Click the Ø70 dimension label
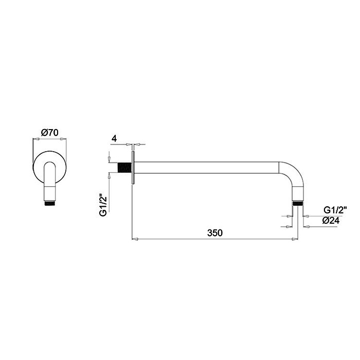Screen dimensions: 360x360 (x=49, y=133)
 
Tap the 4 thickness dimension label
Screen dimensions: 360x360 (x=114, y=139)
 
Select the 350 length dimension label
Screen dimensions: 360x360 (x=215, y=233)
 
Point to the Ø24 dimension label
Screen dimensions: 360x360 (x=331, y=221)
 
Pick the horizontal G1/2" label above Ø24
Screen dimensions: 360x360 (x=335, y=210)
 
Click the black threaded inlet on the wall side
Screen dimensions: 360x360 (x=124, y=168)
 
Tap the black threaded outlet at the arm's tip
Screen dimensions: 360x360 (x=298, y=204)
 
